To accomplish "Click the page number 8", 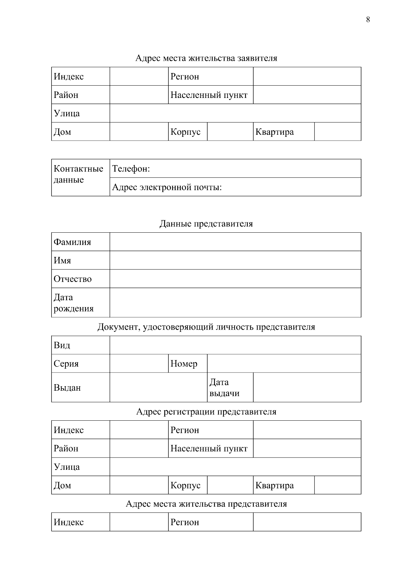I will coord(368,20).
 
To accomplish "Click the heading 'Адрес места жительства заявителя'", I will coord(206,58).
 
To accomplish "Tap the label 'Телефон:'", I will coord(131,169).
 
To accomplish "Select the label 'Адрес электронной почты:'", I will coord(167,187).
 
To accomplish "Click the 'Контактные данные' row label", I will coord(78,174).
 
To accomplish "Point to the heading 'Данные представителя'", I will coord(206,224).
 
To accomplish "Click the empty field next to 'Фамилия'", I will coord(235,242).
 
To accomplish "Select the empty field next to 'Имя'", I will coord(235,260).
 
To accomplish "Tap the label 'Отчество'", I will coord(73,279).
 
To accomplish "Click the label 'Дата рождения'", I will coord(73,303).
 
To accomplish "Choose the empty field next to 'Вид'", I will coord(235,345).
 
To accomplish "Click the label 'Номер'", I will coord(184,364).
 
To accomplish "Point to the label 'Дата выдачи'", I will coord(224,388).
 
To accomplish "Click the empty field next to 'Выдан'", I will coord(158,387).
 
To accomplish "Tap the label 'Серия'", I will coord(66,364).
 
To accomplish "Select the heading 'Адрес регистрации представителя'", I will coord(206,411).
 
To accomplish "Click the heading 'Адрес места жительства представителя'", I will coord(206,504).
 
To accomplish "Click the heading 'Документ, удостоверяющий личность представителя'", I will coord(206,327).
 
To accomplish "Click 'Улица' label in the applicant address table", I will coord(67,113).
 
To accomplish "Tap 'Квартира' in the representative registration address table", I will coord(274,485).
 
